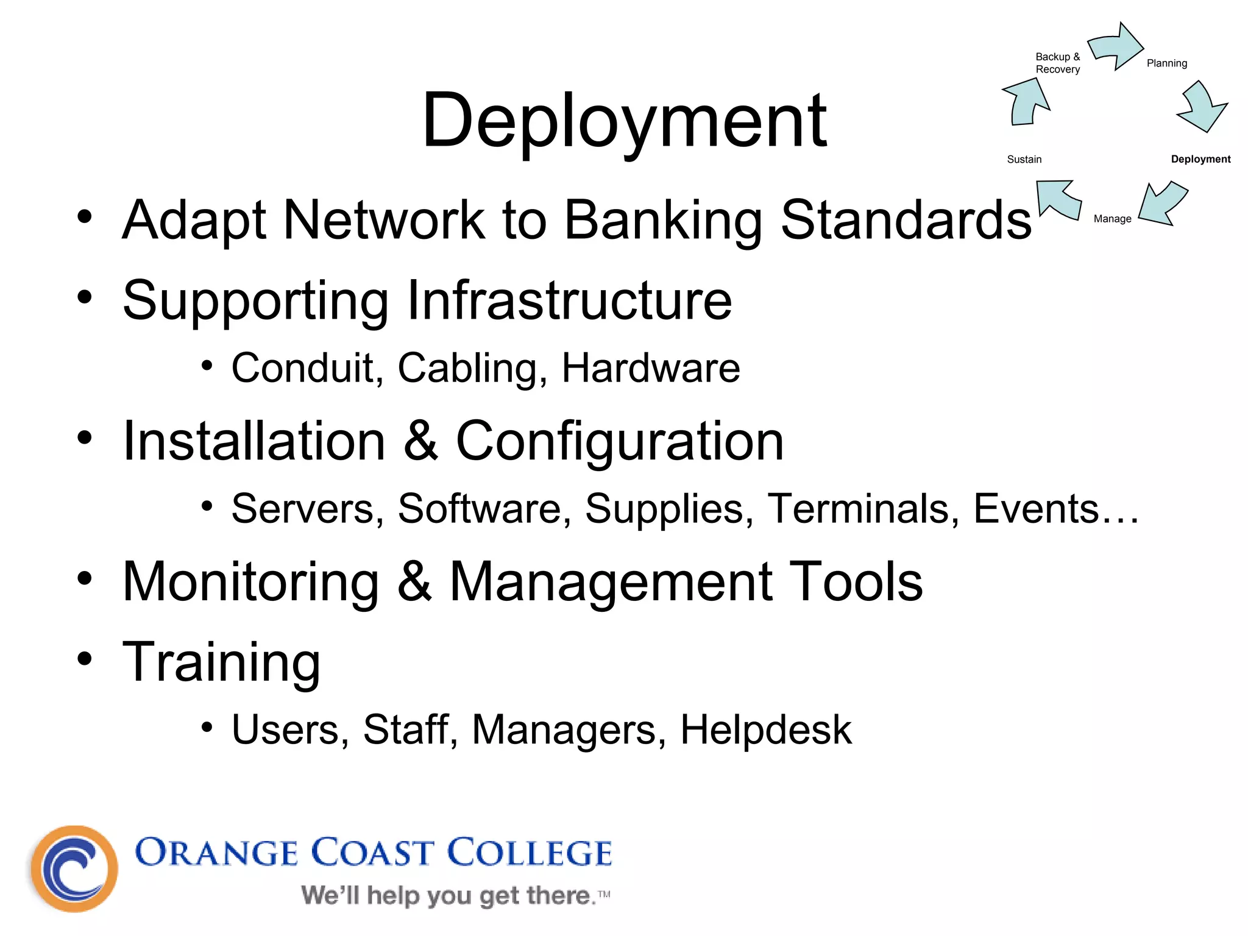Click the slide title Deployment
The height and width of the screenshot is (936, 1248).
tap(624, 120)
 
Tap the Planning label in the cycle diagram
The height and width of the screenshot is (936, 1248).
tap(1166, 63)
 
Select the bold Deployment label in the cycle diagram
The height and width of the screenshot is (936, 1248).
tap(1200, 159)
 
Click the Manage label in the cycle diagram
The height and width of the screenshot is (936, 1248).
tap(1112, 219)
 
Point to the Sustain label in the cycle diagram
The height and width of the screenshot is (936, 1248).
tap(1024, 160)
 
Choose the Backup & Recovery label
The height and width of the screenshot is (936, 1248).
tap(1057, 63)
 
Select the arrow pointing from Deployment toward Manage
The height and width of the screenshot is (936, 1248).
tap(1163, 204)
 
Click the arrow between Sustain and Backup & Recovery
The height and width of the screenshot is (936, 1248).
tap(1026, 102)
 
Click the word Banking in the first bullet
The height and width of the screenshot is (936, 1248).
tap(663, 220)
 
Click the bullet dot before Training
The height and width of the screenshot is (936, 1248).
tap(85, 658)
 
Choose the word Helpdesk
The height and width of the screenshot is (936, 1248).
tap(765, 729)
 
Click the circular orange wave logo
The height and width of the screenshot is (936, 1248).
tap(74, 868)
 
